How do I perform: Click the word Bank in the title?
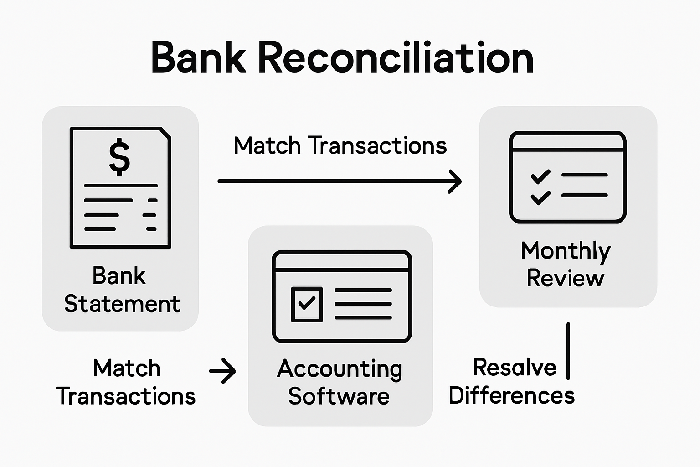198,57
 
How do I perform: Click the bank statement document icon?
120,188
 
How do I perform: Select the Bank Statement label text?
122,290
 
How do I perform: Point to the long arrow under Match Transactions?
340,182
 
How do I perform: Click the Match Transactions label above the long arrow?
340,146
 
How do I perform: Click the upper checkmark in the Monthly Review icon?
540,176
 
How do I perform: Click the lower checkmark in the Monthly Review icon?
540,197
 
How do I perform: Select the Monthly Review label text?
566,264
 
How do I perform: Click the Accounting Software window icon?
342,296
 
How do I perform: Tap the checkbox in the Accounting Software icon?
307,304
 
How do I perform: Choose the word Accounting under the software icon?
340,369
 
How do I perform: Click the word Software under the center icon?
339,396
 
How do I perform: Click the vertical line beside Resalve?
568,351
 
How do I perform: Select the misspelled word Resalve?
515,367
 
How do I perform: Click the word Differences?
511,395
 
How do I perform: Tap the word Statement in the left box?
122,304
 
